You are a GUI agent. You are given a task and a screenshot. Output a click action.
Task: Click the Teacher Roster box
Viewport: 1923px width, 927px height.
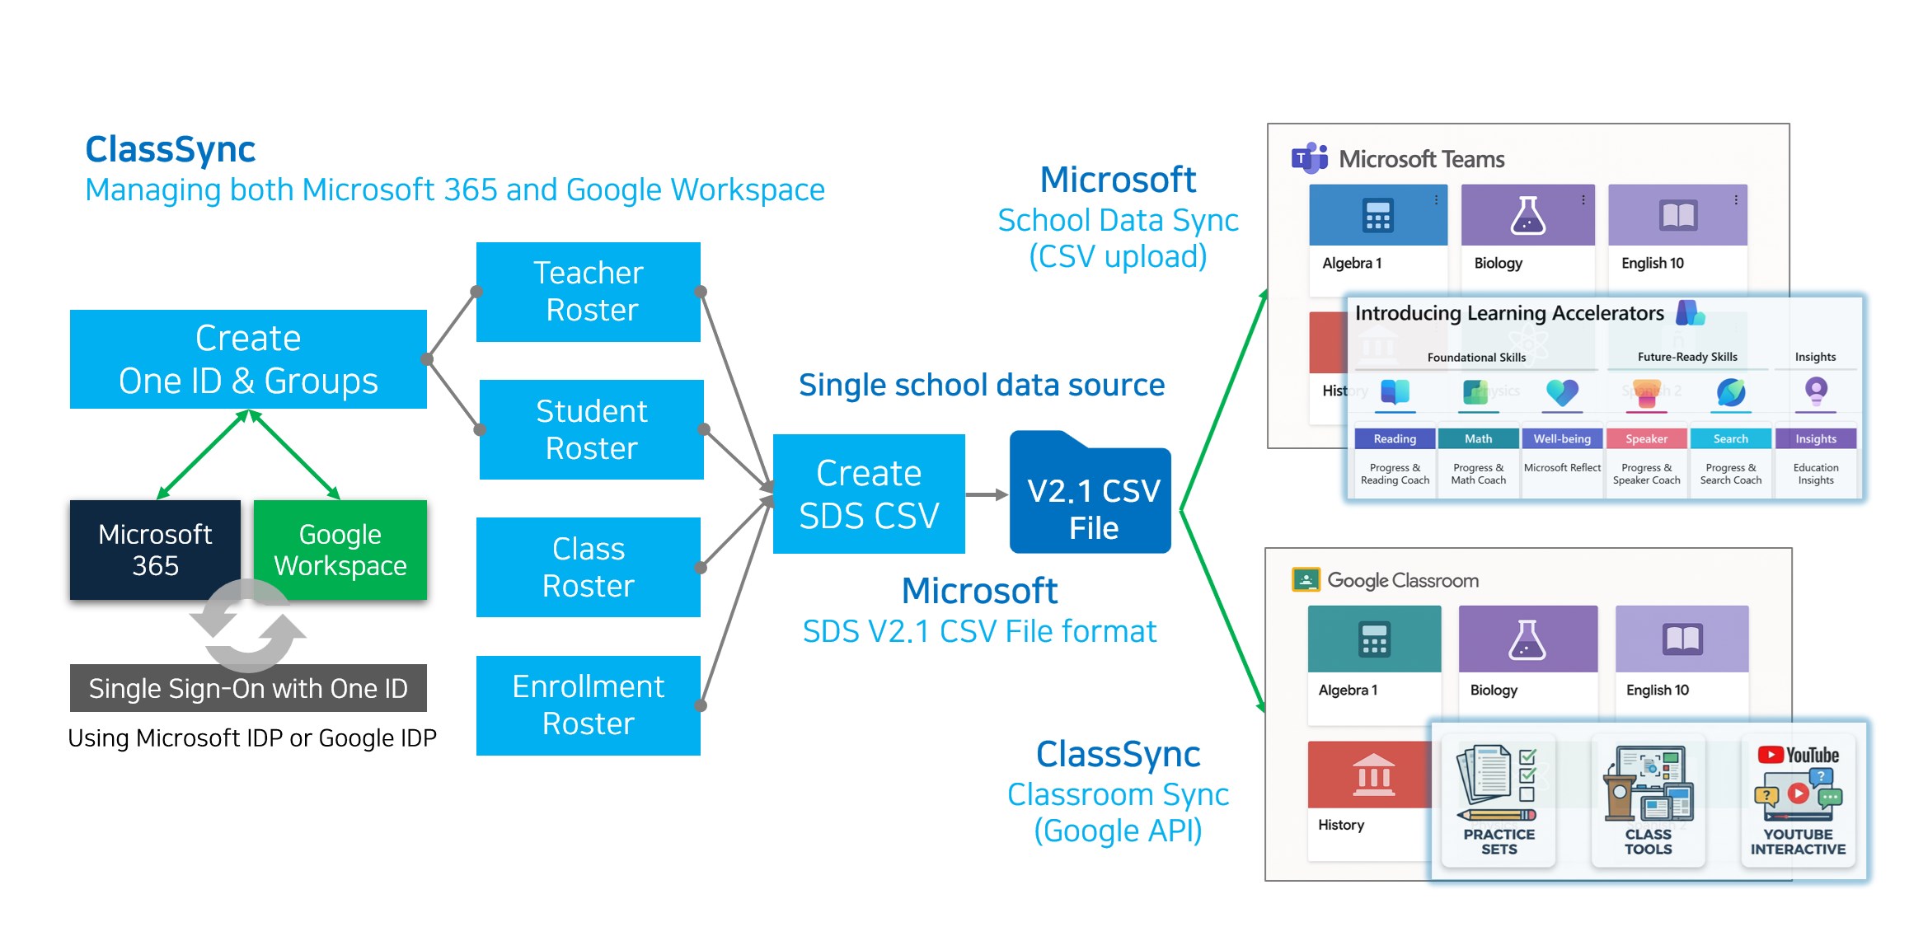coord(588,292)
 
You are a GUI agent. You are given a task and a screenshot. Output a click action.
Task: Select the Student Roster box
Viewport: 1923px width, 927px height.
coord(591,429)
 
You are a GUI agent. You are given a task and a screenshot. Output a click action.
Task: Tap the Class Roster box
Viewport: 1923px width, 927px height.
coord(588,567)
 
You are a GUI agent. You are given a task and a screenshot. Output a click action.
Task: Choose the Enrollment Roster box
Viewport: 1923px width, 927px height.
coord(588,705)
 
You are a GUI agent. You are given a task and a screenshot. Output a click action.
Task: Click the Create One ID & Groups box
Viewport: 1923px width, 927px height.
coord(248,359)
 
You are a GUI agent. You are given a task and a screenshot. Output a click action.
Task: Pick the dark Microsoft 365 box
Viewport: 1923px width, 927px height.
coord(155,549)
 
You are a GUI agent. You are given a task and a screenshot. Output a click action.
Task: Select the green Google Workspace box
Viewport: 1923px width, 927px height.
coord(340,549)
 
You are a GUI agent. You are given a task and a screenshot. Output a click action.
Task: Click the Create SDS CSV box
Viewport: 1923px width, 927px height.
coord(869,494)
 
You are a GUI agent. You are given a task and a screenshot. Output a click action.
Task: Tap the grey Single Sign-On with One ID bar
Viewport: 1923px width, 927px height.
coord(248,688)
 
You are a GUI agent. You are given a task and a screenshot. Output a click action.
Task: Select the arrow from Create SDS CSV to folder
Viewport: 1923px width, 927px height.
coord(987,494)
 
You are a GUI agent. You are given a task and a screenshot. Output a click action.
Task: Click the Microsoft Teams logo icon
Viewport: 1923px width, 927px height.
coord(1309,157)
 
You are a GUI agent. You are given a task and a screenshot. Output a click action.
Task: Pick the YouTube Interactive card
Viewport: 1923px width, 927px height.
coord(1798,800)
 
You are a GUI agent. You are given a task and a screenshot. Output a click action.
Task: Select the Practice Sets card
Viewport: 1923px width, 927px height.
coord(1499,800)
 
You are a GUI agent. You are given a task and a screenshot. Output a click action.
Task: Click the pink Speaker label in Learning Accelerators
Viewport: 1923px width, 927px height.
coord(1646,439)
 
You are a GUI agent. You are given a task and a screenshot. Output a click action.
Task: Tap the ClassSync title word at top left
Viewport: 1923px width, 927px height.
coord(171,149)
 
